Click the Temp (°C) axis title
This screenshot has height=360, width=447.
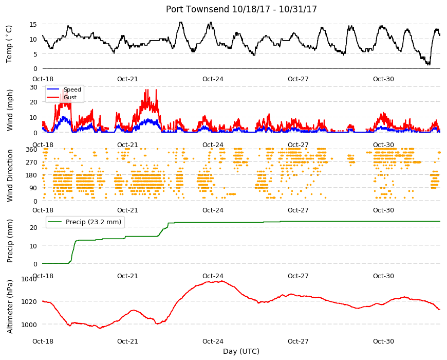pos(9,44)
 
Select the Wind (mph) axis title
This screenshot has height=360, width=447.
pos(10,110)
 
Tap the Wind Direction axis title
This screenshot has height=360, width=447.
pos(10,175)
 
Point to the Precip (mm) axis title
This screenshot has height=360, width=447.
pos(10,241)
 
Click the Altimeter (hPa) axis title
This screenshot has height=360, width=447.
pos(10,307)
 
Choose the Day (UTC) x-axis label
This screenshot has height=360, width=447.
pos(241,351)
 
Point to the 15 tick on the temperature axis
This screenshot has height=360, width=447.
pos(33,25)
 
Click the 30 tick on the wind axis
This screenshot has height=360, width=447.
pos(33,87)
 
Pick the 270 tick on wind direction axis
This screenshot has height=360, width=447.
pos(32,163)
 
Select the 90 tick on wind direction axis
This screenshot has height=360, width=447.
pos(33,188)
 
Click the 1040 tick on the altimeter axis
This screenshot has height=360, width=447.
pos(29,279)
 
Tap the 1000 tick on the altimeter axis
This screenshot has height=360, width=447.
pos(29,325)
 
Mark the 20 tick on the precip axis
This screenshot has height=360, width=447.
pos(33,228)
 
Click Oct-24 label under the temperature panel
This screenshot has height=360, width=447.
pos(213,79)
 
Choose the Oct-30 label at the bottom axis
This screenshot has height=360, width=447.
pos(383,341)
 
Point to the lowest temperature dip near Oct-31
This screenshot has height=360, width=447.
pos(429,64)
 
